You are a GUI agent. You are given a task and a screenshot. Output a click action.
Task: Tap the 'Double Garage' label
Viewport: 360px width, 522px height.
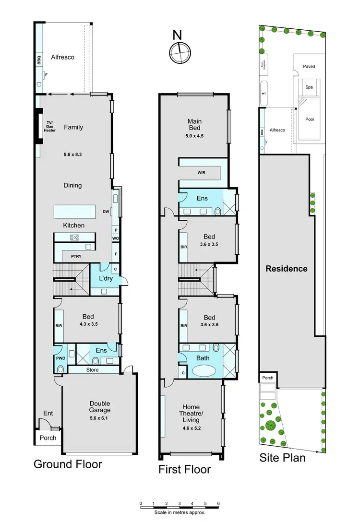tap(99, 406)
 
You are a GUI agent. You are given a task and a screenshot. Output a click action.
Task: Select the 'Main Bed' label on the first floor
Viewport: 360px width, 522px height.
tap(194, 125)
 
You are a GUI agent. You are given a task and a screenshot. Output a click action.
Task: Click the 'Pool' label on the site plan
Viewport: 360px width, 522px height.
tap(310, 119)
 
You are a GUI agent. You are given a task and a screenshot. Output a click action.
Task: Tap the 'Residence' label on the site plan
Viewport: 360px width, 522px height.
tap(287, 268)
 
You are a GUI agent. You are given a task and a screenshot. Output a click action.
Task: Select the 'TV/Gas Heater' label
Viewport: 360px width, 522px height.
tap(50, 127)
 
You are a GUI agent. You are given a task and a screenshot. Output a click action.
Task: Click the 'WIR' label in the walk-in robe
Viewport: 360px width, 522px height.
tap(201, 173)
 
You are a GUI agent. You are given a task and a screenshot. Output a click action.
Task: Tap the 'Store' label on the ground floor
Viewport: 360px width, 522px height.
tap(92, 369)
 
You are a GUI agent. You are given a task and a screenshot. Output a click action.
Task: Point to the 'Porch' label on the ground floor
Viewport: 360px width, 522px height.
tap(48, 438)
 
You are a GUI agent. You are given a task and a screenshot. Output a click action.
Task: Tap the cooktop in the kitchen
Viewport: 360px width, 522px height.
tap(75, 237)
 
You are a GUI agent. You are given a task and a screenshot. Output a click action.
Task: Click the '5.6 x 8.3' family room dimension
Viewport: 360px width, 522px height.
tap(73, 155)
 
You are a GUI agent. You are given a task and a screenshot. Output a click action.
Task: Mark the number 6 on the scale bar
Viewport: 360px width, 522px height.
tap(218, 503)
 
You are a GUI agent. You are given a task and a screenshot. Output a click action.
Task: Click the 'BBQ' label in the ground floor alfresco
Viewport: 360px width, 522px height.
tap(40, 60)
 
